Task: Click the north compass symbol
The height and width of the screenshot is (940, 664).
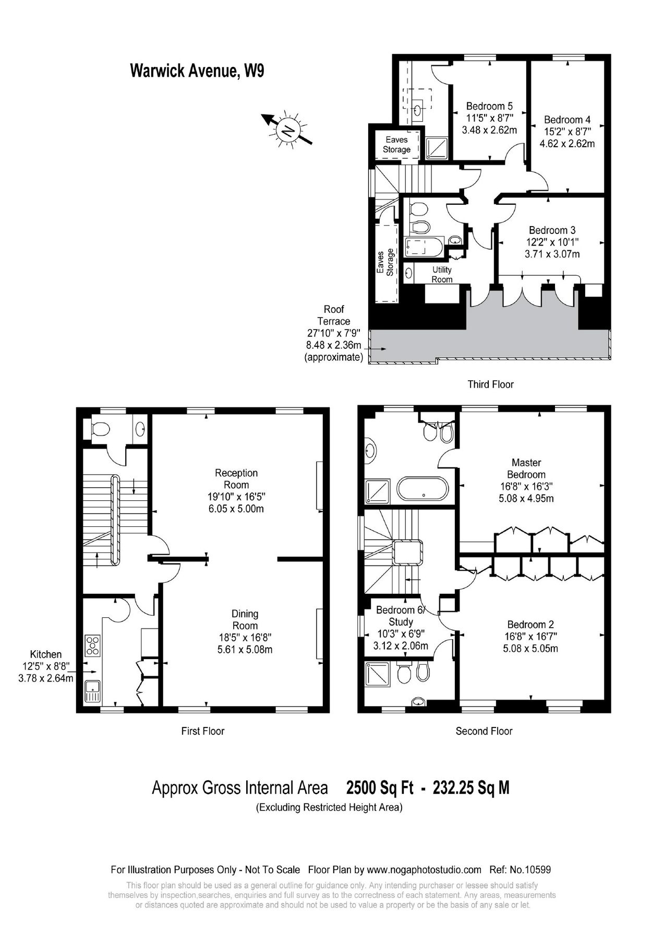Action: [287, 128]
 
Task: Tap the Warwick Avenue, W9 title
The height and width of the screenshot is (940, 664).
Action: [197, 70]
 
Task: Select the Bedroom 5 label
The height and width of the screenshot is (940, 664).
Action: [489, 106]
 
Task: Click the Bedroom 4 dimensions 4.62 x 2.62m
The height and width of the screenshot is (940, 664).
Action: [567, 143]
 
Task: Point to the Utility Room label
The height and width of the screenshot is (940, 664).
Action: [442, 275]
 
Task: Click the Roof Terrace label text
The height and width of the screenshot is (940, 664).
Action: [334, 315]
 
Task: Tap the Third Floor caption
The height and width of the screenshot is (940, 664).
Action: [490, 384]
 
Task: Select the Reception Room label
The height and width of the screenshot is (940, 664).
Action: [236, 478]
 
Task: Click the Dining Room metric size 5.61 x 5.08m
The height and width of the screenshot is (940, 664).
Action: [245, 650]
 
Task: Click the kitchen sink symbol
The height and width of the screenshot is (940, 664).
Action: [92, 692]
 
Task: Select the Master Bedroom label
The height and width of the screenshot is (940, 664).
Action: [526, 468]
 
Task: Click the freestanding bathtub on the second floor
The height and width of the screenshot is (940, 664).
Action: [422, 490]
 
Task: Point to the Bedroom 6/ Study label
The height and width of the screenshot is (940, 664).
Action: [401, 616]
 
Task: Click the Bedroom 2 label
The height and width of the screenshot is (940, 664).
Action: [530, 625]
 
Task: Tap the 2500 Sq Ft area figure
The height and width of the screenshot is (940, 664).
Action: [380, 788]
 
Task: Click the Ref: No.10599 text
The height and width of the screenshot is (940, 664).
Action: [520, 870]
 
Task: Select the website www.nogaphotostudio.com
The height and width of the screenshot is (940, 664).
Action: [424, 870]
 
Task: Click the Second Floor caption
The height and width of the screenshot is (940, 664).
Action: [484, 731]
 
